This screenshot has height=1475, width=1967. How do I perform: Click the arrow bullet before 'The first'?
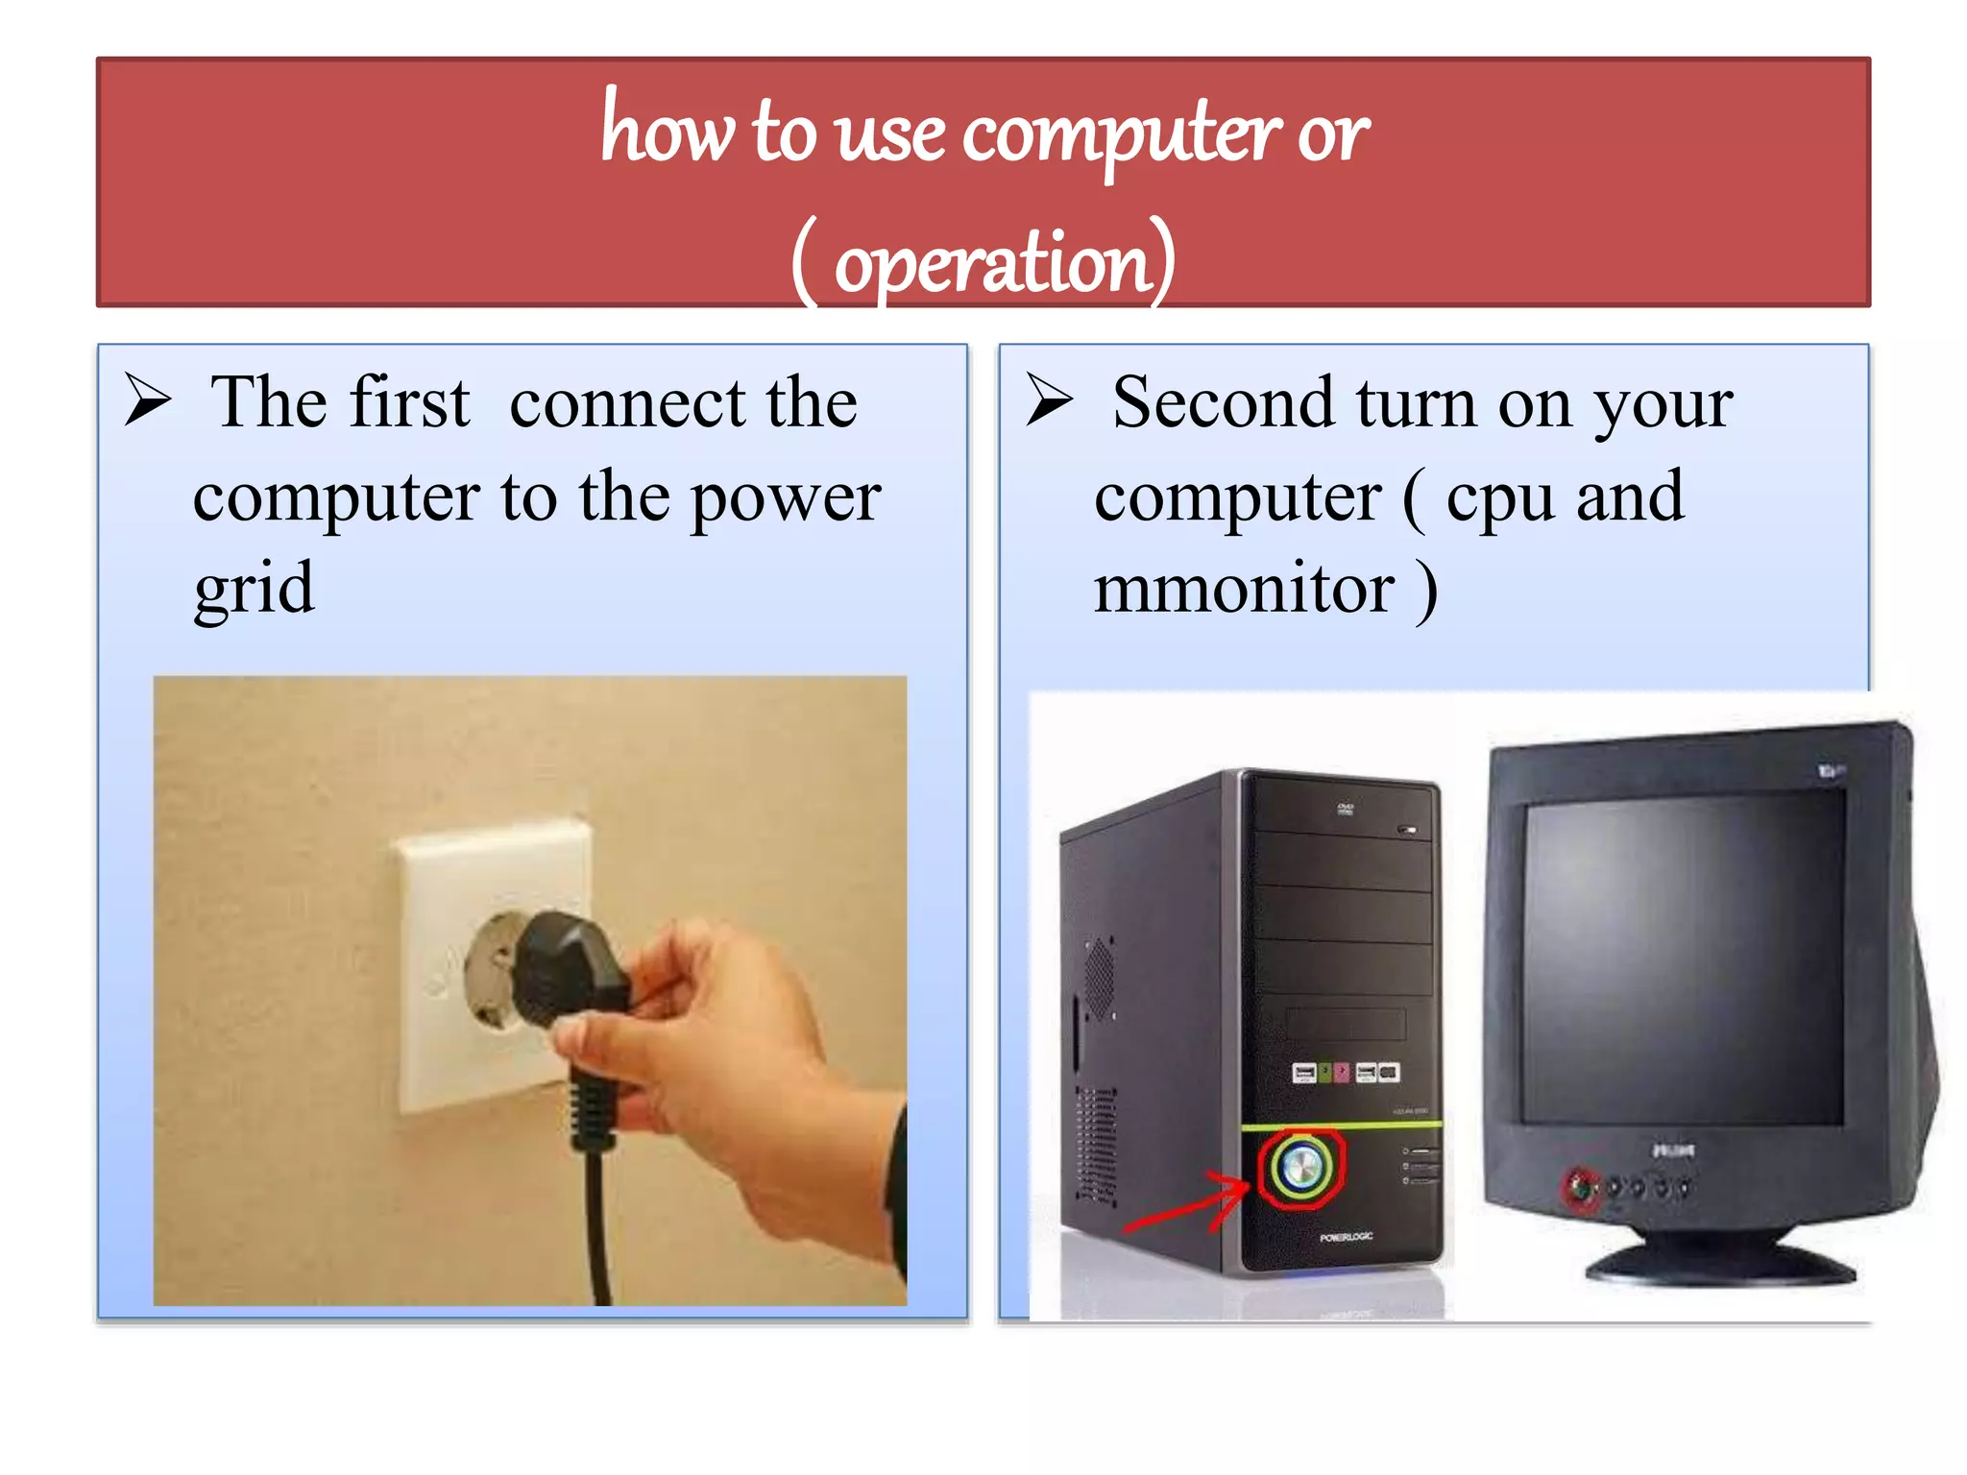[148, 400]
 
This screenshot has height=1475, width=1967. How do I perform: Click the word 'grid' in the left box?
[254, 589]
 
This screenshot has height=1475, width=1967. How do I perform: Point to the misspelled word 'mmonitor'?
[1245, 588]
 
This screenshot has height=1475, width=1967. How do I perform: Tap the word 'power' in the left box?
[786, 498]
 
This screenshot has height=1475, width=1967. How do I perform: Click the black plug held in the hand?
[567, 970]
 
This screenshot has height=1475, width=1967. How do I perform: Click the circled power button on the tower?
[1301, 1167]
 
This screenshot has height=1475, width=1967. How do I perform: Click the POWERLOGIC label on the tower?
[1346, 1237]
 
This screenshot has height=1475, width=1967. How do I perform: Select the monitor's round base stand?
[1719, 1263]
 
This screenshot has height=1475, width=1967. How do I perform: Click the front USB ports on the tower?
[1345, 1073]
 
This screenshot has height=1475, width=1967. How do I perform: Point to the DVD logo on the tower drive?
[1346, 809]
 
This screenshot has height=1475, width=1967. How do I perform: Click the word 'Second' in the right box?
[1223, 402]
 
